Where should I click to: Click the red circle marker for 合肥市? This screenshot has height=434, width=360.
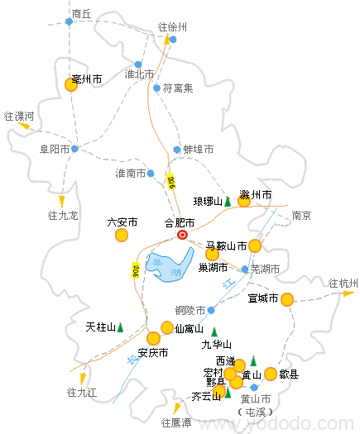pos(183,235)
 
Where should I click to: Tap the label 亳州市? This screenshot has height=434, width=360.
pos(87,79)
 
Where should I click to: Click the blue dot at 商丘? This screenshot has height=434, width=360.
pos(70,21)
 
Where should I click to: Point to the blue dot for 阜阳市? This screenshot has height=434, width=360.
pos(74,149)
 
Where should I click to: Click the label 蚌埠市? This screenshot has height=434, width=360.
pos(198,150)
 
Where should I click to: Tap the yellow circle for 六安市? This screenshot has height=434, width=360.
pos(122,236)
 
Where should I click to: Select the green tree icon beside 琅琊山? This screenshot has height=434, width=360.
pos(228,201)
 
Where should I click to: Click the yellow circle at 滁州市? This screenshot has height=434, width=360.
pos(244,201)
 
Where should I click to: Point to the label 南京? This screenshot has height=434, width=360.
pos(301,216)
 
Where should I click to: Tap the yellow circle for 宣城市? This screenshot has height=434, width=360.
pos(287,299)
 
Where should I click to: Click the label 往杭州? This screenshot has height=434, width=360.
pos(343,284)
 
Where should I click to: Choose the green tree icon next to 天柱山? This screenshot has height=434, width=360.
pos(120,327)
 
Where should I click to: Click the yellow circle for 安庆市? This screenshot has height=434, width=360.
pos(153,338)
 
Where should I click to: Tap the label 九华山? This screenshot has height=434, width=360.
pos(217,345)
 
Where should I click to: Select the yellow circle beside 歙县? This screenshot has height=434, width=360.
pos(271,374)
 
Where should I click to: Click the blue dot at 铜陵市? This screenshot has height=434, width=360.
pos(211,311)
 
